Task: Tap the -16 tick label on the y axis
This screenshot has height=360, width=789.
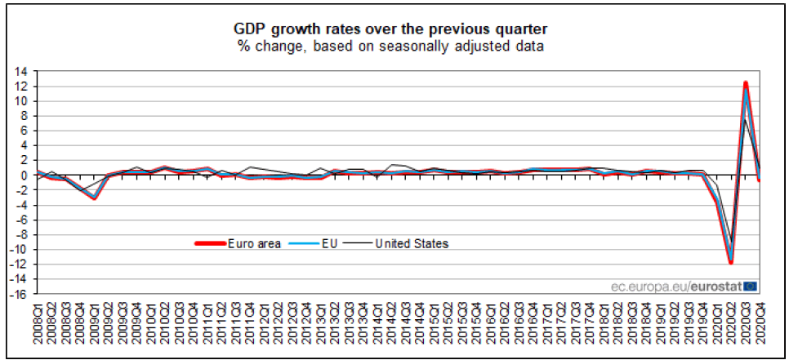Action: [18, 294]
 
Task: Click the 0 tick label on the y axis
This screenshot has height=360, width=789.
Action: [23, 176]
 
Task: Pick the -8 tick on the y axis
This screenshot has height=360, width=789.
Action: [20, 234]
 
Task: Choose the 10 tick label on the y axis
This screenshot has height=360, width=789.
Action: [20, 101]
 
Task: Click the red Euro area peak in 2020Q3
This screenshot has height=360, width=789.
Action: [746, 82]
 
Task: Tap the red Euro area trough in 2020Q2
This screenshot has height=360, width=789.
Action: [731, 262]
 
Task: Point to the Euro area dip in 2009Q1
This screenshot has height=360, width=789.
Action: [95, 198]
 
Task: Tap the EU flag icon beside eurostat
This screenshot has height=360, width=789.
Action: [751, 286]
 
